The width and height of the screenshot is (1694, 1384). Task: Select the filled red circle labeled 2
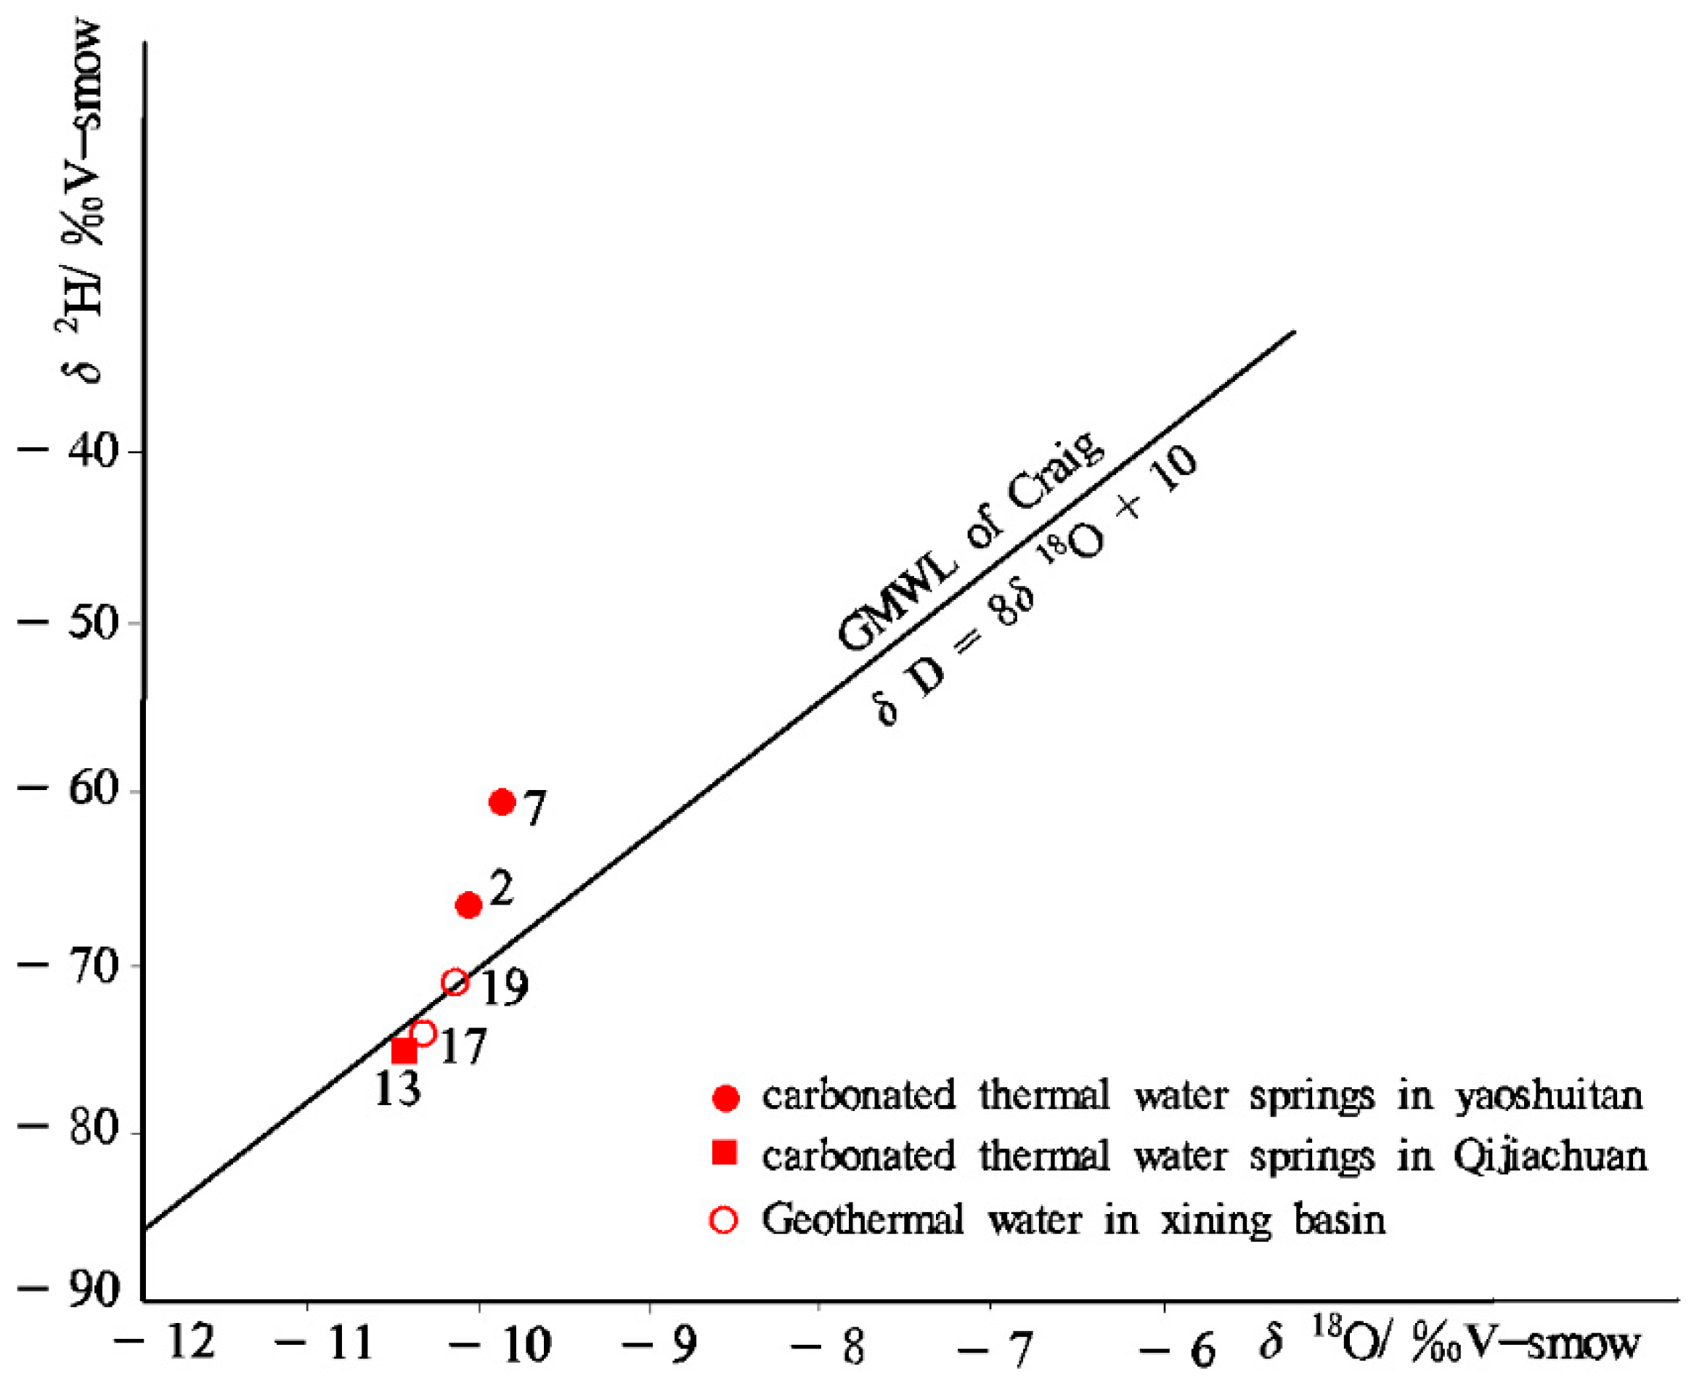pyautogui.click(x=469, y=905)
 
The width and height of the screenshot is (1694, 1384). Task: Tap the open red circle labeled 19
pyautogui.click(x=455, y=982)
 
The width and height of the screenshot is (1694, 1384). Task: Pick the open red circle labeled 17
pyautogui.click(x=423, y=1033)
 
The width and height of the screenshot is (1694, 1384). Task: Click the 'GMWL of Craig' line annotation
pyautogui.click(x=971, y=542)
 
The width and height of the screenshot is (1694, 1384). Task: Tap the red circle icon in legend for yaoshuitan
pyautogui.click(x=725, y=1099)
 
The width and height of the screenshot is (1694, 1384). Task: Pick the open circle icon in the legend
pyautogui.click(x=724, y=1220)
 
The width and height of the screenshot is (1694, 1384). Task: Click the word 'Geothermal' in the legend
pyautogui.click(x=863, y=1221)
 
